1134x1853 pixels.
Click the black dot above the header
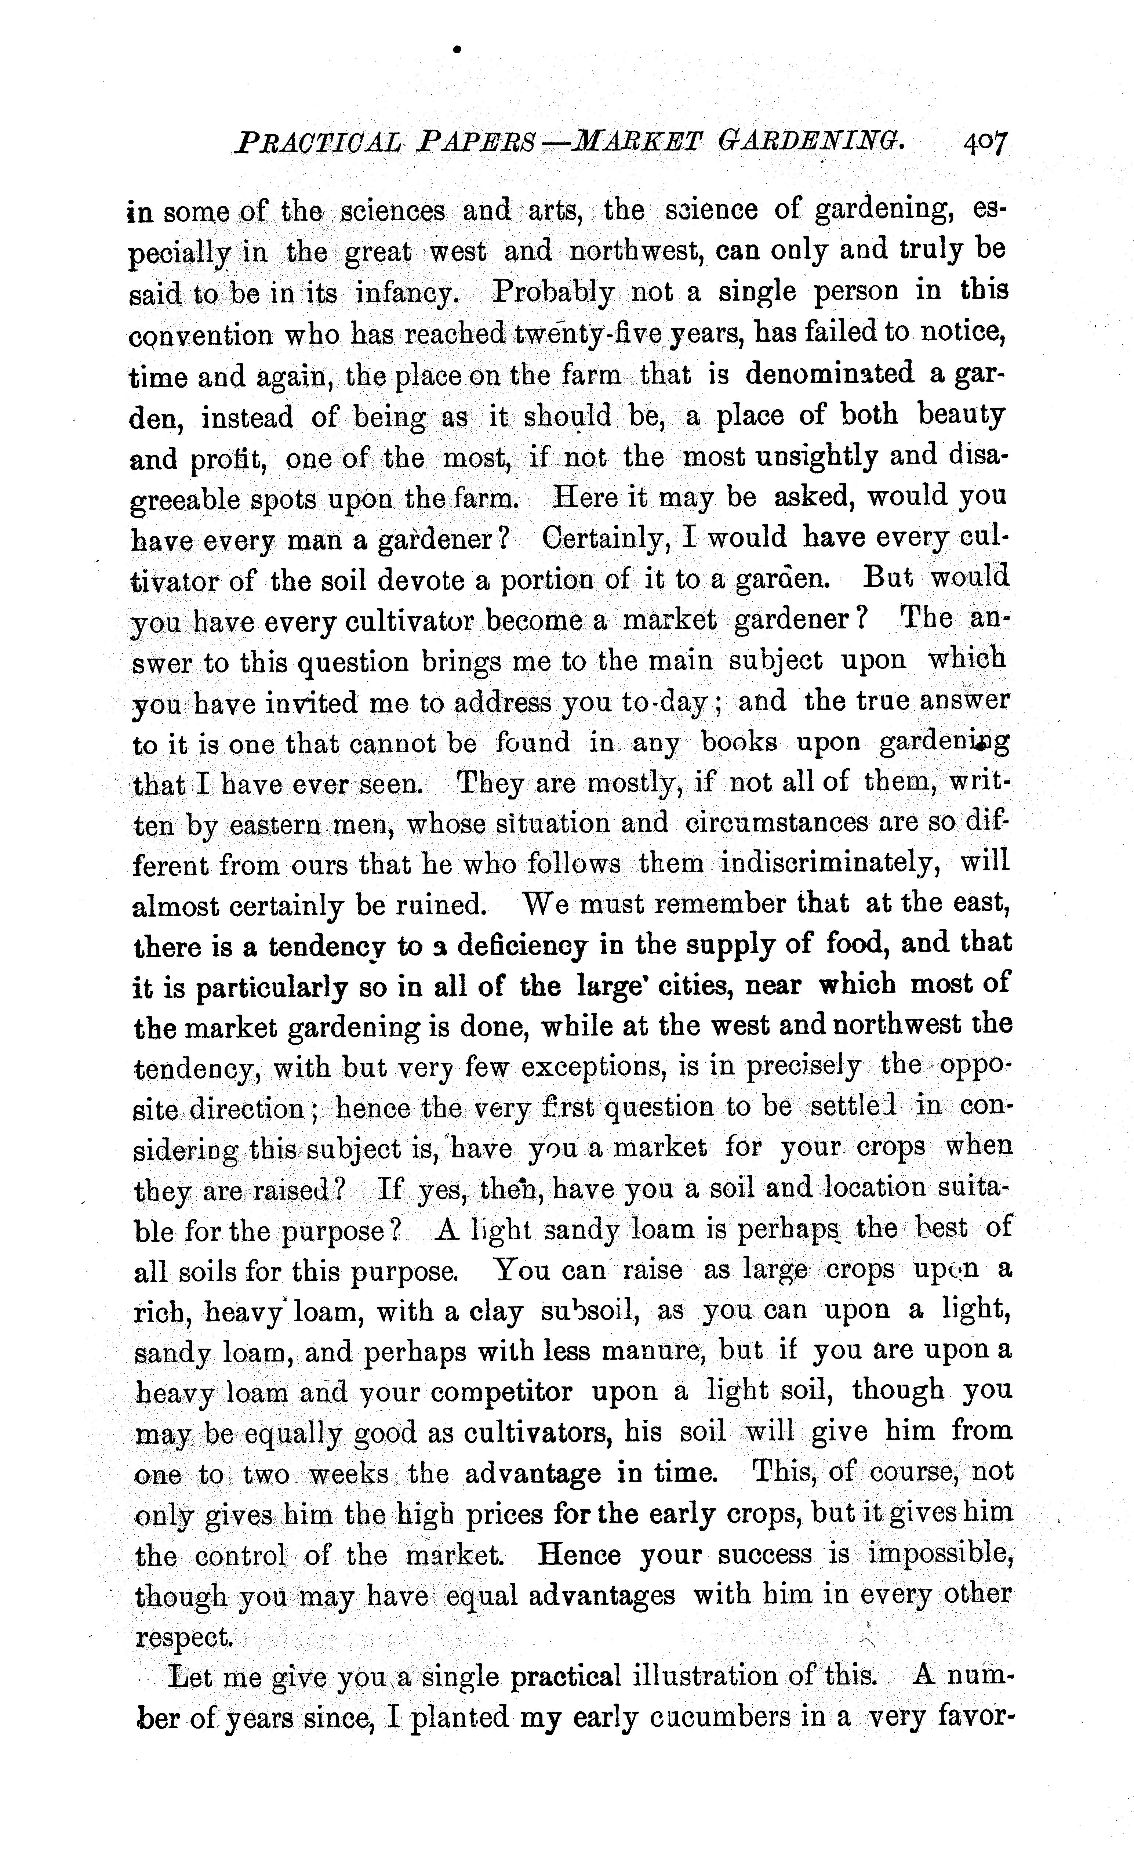click(457, 50)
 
